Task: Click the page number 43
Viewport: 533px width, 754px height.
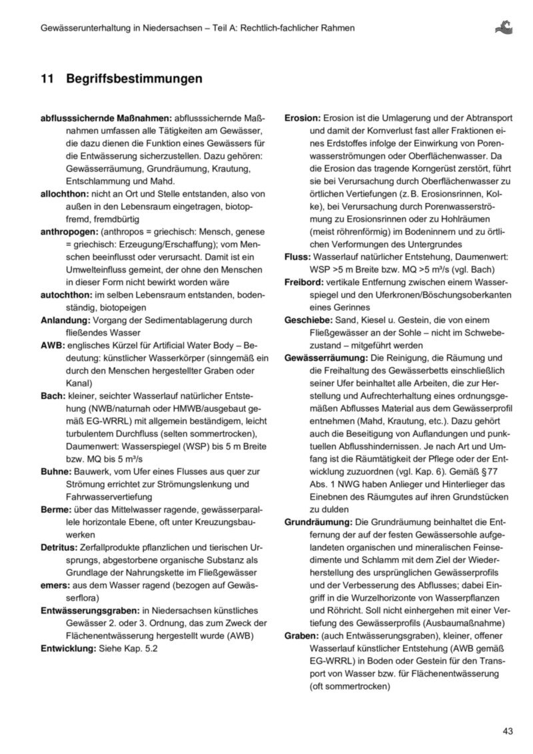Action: tap(508, 731)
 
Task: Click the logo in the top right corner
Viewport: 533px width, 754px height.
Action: tap(504, 28)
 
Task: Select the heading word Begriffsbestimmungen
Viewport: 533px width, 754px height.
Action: tap(134, 79)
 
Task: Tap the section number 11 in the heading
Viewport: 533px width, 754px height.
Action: tap(47, 79)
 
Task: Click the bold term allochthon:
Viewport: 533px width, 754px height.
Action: tap(65, 193)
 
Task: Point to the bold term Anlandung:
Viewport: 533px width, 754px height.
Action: tap(65, 319)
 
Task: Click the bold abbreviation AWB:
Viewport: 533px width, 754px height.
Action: tap(52, 344)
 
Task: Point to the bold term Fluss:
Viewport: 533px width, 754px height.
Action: tap(296, 255)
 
